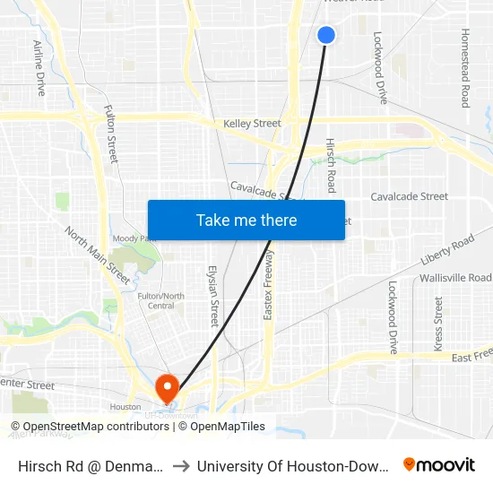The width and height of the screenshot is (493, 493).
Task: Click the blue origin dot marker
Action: pos(326,35)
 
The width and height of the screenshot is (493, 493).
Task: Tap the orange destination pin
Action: pos(167,387)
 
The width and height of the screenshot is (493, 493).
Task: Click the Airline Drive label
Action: pos(39,68)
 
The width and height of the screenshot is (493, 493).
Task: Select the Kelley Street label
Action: pos(252,124)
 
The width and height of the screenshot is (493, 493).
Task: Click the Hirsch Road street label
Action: pos(331,165)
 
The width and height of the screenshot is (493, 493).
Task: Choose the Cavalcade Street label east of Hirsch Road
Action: pos(409,196)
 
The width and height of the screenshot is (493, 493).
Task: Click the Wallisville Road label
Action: pos(455,278)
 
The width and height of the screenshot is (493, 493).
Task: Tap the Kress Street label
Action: pos(438,324)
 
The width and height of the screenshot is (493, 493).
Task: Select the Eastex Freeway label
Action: pos(268,285)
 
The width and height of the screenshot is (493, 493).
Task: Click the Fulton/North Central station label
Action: pos(160,300)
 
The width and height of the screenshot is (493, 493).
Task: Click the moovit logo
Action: pos(438,464)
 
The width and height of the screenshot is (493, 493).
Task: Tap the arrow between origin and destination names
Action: pos(180,465)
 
